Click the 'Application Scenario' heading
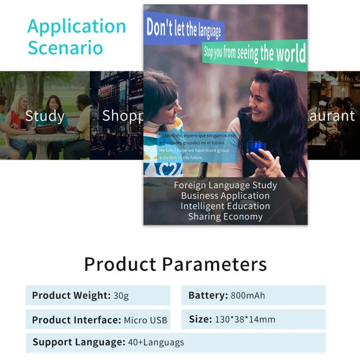[x=76, y=37]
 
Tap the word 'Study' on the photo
[x=45, y=116]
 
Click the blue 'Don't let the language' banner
[x=184, y=28]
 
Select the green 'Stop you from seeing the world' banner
[x=255, y=54]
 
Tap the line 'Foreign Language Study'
[x=225, y=185]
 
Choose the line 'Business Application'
[x=225, y=196]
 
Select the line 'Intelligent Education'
[x=225, y=206]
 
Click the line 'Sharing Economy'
[x=225, y=216]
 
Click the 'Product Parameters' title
[x=175, y=264]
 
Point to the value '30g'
[x=121, y=296]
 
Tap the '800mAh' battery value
[x=248, y=296]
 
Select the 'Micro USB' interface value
[x=145, y=320]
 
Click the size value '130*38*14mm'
[x=245, y=319]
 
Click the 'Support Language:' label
[x=79, y=342]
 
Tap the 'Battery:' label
[x=208, y=296]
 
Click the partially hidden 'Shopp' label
[x=122, y=116]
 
